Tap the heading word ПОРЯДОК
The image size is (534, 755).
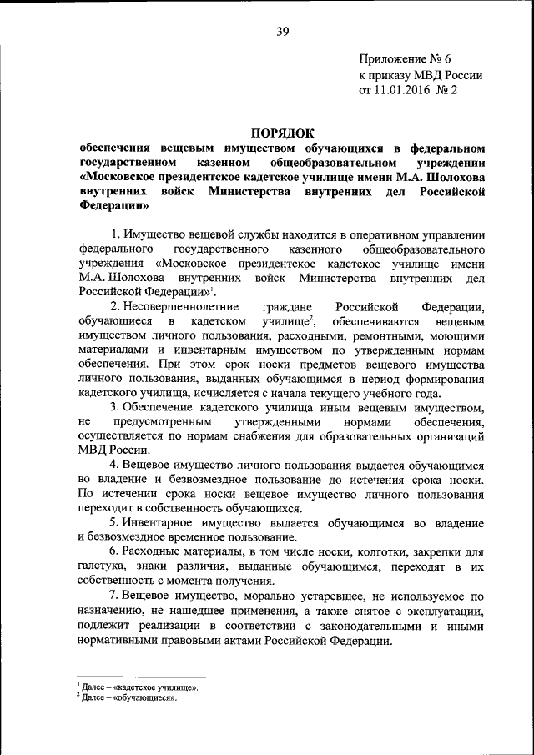click(282, 131)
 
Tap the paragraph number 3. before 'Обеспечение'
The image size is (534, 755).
click(115, 407)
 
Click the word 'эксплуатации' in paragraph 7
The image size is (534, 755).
click(441, 612)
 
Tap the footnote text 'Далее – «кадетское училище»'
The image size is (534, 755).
click(140, 687)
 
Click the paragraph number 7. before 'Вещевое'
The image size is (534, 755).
click(115, 596)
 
